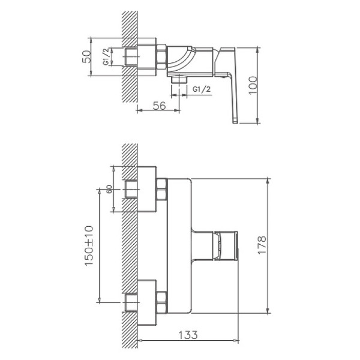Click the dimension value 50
(x=87, y=56)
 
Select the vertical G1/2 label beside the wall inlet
(x=106, y=58)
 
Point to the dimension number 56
(x=158, y=106)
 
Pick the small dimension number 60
(x=110, y=188)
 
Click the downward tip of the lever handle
(x=234, y=120)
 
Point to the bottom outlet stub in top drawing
(x=176, y=79)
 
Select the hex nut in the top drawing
(x=161, y=58)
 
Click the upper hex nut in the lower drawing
(x=161, y=191)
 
